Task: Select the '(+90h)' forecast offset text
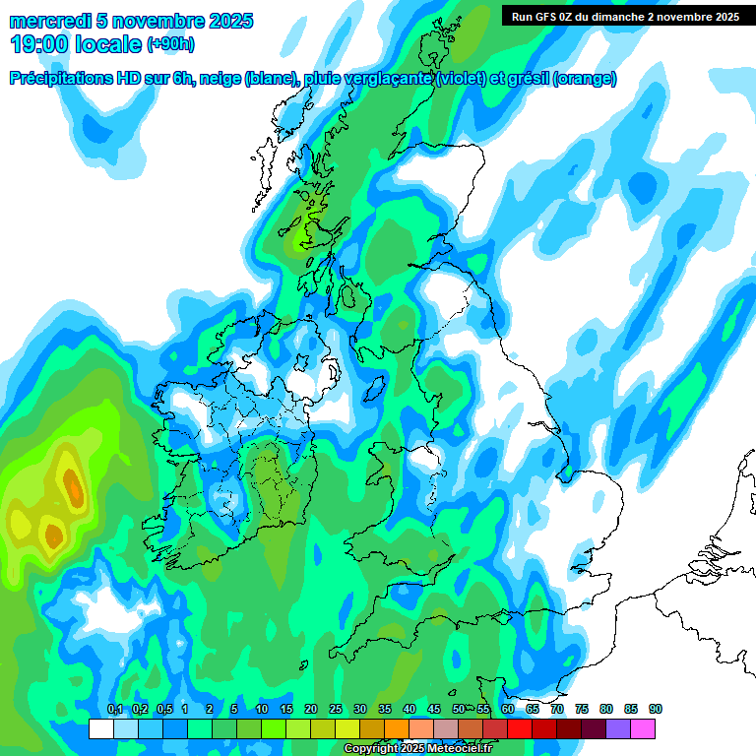click(170, 45)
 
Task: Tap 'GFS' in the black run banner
click(542, 17)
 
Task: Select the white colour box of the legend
click(100, 728)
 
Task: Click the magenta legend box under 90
click(643, 728)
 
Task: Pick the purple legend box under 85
click(618, 728)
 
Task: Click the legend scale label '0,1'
click(115, 710)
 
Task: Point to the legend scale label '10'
click(261, 710)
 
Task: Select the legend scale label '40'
click(409, 710)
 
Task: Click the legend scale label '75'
click(582, 710)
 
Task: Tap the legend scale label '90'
click(656, 710)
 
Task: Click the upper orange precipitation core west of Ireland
click(72, 485)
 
